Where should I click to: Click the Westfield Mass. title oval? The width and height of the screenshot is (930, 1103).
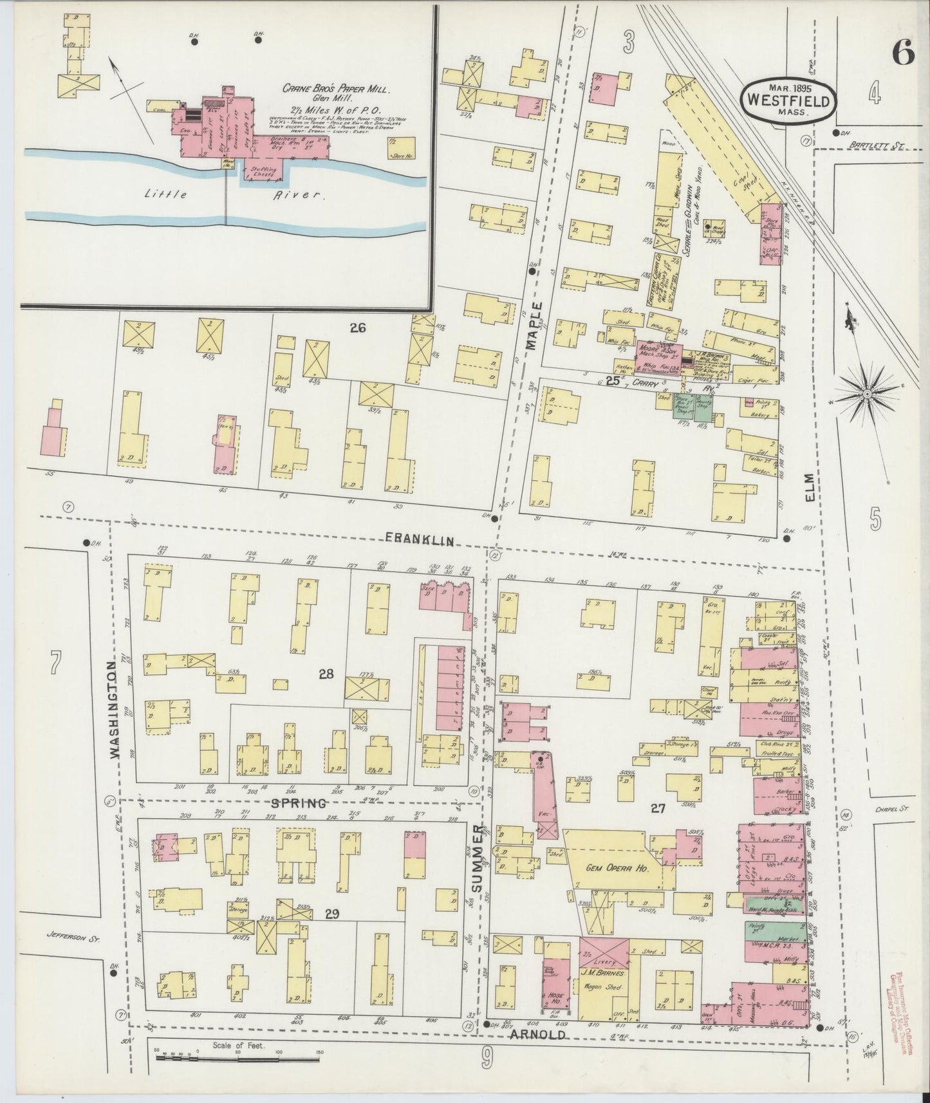point(789,100)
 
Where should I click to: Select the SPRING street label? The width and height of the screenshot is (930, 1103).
point(298,803)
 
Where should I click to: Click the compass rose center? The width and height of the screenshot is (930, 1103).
point(866,393)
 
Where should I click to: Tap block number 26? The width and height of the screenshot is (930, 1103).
point(358,328)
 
